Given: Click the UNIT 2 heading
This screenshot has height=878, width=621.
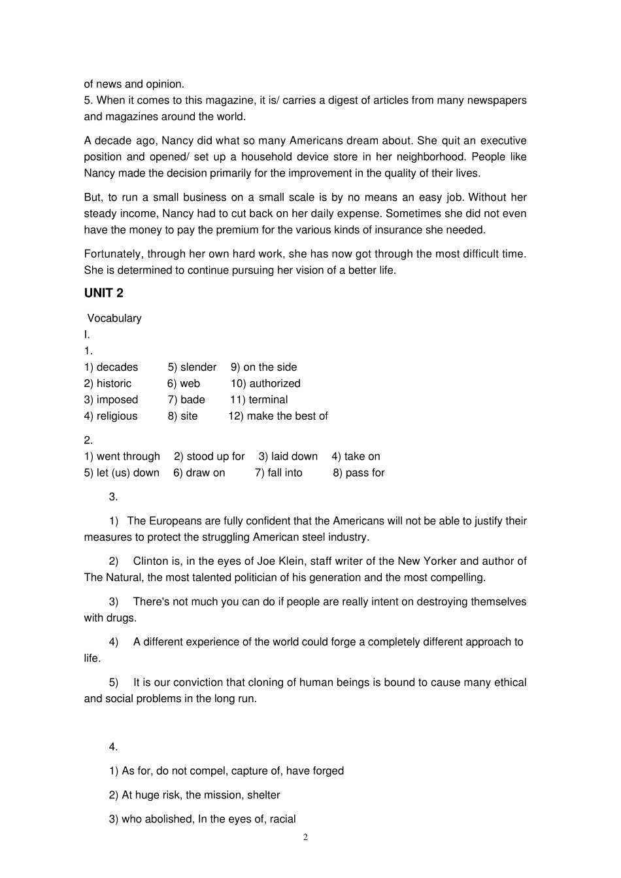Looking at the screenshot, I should tap(103, 294).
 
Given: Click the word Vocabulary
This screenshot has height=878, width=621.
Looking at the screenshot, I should tap(114, 318).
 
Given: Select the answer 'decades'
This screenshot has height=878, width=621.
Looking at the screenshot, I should tap(117, 367).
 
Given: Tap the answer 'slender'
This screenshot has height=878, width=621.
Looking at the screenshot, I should tap(198, 367).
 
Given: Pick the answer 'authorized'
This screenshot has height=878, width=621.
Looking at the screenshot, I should tap(275, 384).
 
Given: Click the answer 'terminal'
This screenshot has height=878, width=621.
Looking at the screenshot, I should tap(268, 400).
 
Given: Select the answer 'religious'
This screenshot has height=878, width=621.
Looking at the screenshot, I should tap(117, 416).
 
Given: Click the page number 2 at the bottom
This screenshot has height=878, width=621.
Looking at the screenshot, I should tap(305, 838).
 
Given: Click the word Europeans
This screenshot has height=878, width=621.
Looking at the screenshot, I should tap(175, 521).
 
